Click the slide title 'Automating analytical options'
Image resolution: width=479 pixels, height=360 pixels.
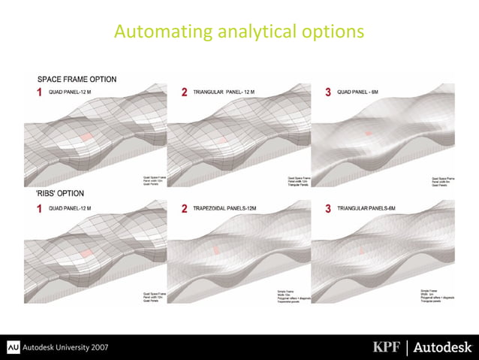pyautogui.click(x=239, y=32)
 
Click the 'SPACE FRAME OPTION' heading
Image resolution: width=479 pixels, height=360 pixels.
pyautogui.click(x=77, y=79)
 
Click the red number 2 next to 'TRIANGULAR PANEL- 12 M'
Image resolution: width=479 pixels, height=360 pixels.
pyautogui.click(x=185, y=92)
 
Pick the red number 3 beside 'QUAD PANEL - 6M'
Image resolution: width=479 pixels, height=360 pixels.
pyautogui.click(x=327, y=92)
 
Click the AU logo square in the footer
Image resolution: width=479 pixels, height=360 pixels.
pyautogui.click(x=13, y=346)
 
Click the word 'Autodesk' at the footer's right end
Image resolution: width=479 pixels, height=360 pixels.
pyautogui.click(x=444, y=346)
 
